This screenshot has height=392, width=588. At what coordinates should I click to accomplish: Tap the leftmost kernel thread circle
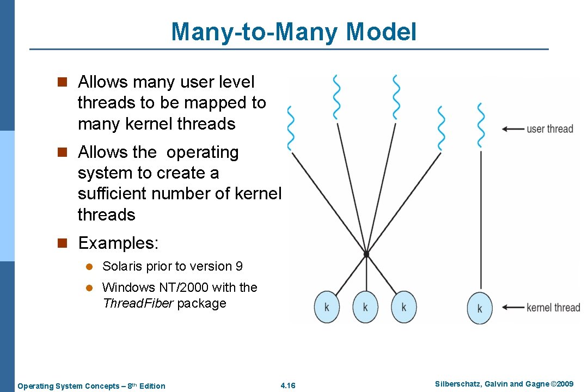[327, 307]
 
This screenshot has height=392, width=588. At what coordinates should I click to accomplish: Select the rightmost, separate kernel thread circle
[480, 308]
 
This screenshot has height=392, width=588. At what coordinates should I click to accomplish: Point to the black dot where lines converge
[366, 254]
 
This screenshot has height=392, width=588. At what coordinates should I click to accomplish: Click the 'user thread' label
[549, 129]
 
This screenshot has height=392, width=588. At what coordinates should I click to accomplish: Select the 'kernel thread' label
[553, 308]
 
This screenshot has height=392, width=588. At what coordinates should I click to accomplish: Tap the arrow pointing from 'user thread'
[512, 129]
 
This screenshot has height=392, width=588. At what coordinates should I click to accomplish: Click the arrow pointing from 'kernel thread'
[512, 308]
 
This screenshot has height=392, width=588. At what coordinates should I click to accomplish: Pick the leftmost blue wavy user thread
[291, 128]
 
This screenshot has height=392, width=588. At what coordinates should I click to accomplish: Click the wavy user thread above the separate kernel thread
[481, 125]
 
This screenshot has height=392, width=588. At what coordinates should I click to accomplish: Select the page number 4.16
[287, 386]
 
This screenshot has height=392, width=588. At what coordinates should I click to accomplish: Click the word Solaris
[121, 266]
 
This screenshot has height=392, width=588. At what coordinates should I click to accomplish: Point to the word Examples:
[118, 243]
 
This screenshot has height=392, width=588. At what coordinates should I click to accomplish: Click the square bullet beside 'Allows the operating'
[62, 152]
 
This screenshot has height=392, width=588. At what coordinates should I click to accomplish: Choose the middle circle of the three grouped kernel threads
[365, 307]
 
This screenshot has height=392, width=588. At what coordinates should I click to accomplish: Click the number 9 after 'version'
[239, 266]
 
